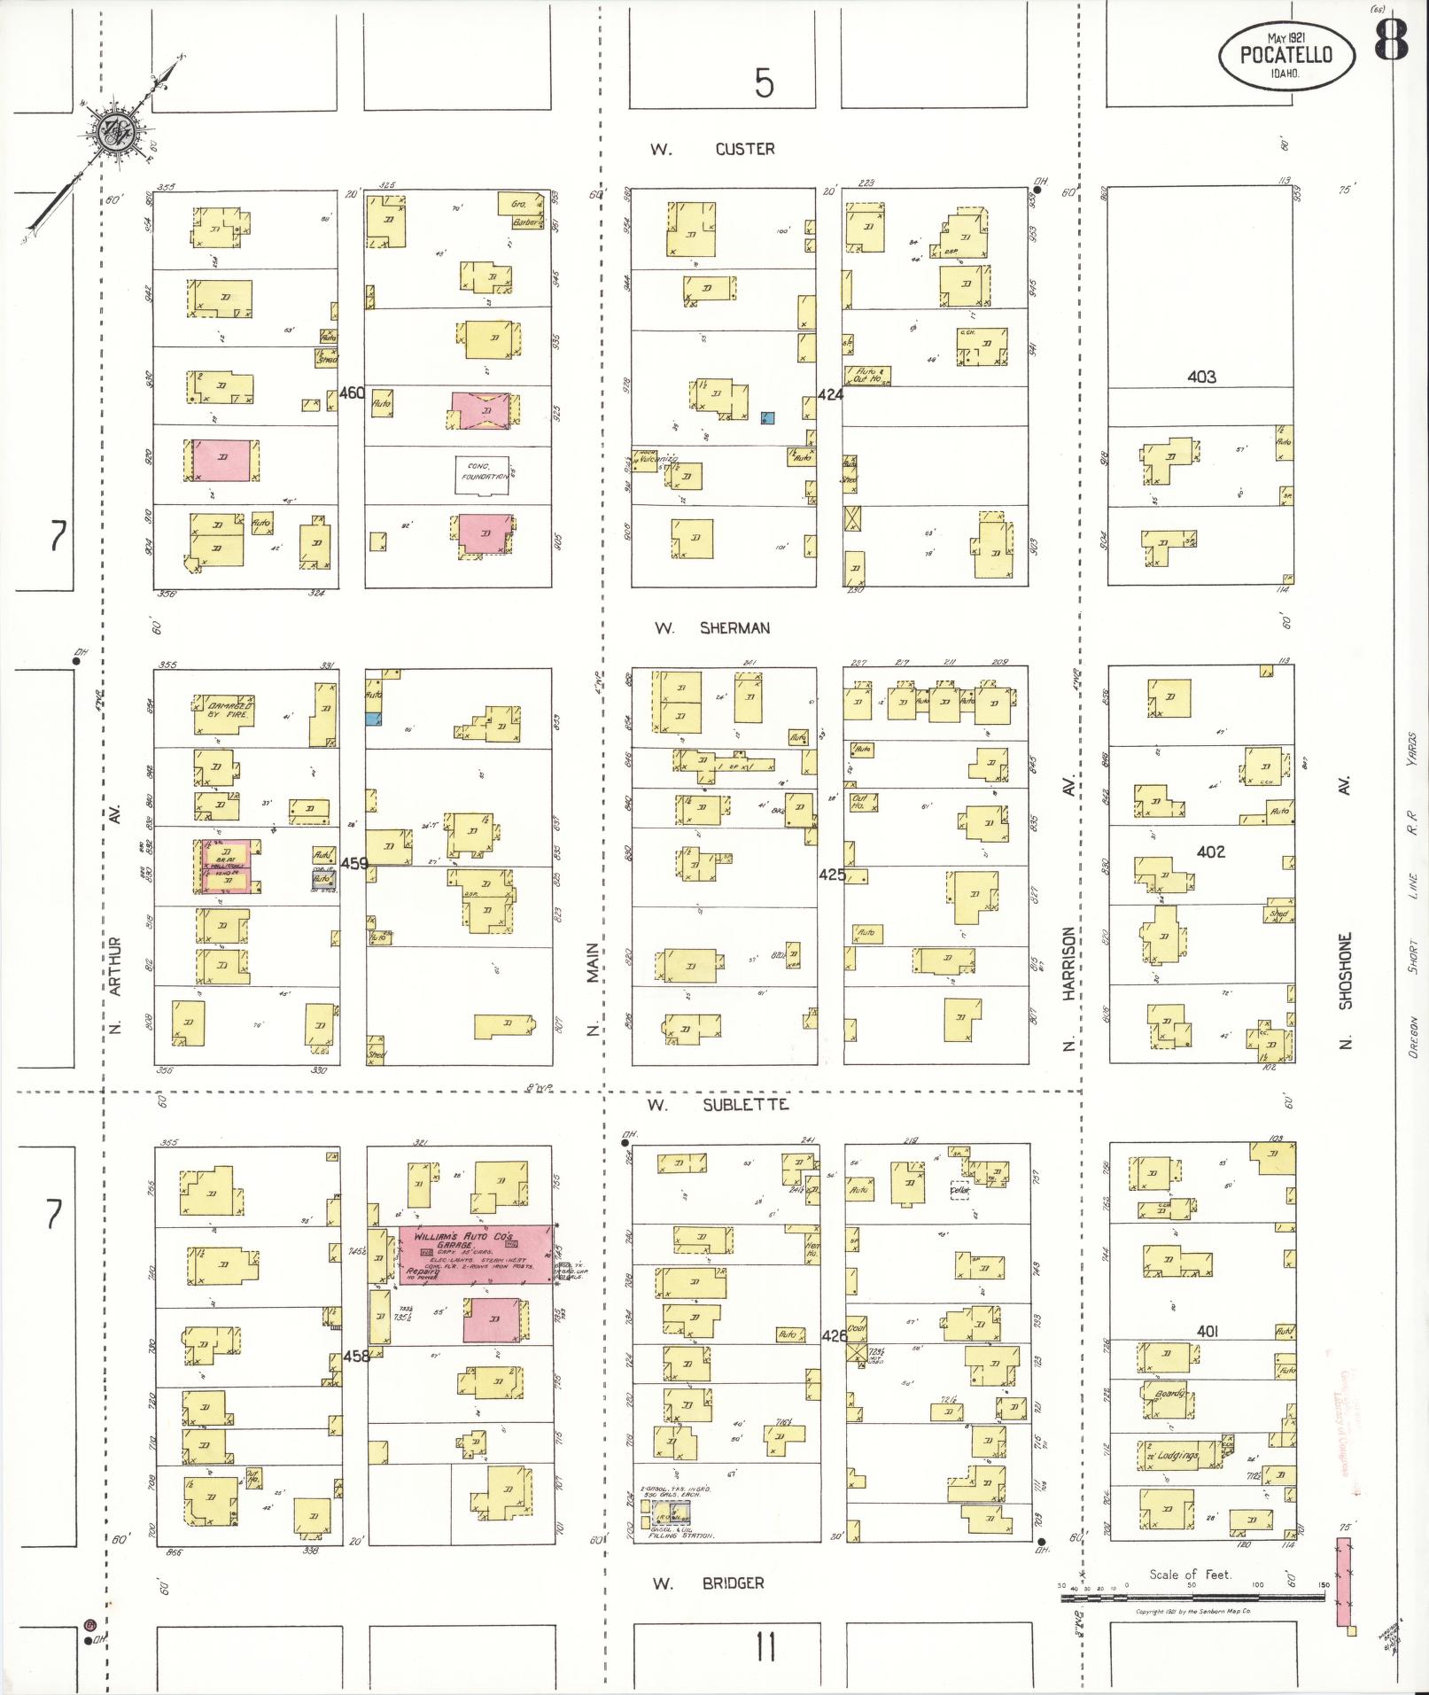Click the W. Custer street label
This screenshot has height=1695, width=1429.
(713, 149)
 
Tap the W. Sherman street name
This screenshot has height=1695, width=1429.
(713, 628)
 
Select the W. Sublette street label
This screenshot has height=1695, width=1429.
(717, 1105)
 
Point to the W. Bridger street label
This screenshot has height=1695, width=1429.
(708, 1582)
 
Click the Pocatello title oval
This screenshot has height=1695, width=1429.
(1287, 55)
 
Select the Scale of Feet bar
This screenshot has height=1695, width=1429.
(1192, 1598)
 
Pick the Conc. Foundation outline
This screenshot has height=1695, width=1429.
(483, 476)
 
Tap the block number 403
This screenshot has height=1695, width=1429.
(1201, 377)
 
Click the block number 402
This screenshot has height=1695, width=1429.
(1210, 851)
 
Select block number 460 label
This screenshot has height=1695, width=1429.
(352, 393)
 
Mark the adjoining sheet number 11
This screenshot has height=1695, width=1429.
(765, 1649)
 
